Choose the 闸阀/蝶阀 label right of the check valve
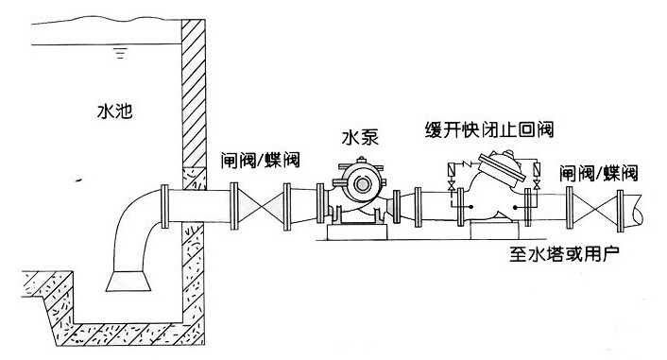598,172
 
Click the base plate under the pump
356,231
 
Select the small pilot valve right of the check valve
536,174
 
